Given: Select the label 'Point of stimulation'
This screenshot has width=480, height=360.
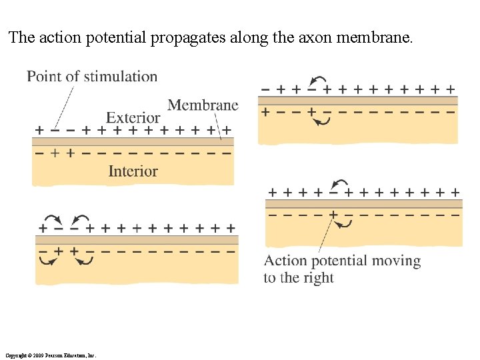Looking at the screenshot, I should pos(92,77).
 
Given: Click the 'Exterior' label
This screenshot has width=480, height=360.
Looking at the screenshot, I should pos(133,118).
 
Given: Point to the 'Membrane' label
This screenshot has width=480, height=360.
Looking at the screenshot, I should pos(203,105).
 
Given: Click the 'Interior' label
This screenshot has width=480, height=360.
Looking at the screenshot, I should pos(133,171).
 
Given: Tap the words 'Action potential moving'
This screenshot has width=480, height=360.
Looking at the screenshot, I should pos(343,261).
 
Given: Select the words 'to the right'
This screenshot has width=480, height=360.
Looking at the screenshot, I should pos(299,278).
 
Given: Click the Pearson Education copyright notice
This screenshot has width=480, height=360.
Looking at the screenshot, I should pos(50,355).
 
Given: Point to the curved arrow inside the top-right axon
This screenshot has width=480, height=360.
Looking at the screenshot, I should pos(323,121).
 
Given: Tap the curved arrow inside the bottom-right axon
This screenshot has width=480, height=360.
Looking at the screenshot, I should pos(344,224).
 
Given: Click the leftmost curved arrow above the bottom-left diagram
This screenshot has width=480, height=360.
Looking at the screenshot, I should pos(51,219).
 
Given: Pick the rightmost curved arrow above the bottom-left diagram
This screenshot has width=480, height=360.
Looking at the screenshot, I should pos(81,219).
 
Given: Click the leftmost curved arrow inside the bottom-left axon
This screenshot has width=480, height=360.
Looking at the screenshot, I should pos(48,260).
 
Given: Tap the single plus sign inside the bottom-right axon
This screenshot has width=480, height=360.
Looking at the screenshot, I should pos(333,215).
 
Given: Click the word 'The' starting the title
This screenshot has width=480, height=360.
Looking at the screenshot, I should pos(21,38).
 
